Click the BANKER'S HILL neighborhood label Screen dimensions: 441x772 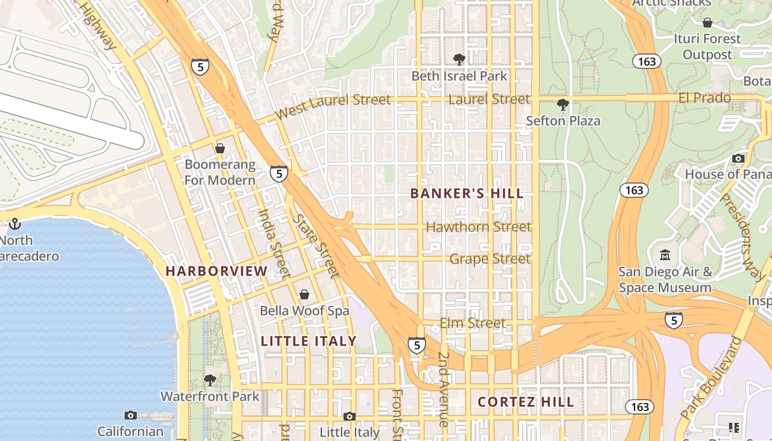(467, 193)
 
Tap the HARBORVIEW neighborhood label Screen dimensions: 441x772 (216, 271)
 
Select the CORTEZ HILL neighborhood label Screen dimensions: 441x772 (526, 402)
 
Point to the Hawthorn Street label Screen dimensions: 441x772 (479, 227)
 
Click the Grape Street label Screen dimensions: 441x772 (490, 259)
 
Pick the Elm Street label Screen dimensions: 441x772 (472, 323)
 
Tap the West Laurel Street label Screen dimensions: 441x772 (333, 105)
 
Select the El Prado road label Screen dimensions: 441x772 (704, 98)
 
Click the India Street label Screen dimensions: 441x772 (274, 243)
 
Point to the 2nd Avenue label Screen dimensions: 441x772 (443, 389)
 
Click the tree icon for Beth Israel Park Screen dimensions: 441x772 (459, 60)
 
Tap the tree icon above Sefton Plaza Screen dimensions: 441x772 (562, 104)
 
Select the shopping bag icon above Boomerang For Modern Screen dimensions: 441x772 (220, 148)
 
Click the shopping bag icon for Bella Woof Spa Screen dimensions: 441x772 (304, 294)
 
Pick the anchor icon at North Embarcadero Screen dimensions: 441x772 (15, 224)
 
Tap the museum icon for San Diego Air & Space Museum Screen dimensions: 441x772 (665, 255)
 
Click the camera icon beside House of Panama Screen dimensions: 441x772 (738, 158)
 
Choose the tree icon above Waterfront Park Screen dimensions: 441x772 (210, 380)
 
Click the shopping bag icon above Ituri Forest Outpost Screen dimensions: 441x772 (707, 23)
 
